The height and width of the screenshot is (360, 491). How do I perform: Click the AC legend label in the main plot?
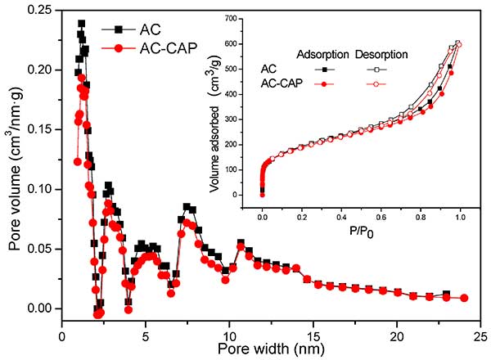tap(151, 29)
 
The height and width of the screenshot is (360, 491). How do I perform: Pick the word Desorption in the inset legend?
tap(384, 54)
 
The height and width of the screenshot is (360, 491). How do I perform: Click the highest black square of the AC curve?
tap(81, 24)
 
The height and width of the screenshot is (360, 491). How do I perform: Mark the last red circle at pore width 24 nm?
tap(464, 298)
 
